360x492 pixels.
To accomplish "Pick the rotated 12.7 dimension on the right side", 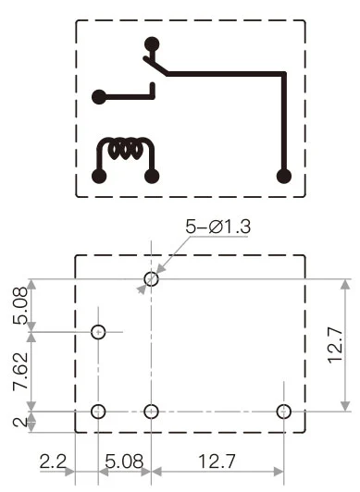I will tap(338, 344).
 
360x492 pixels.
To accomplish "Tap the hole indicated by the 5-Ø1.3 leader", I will tap(152, 278).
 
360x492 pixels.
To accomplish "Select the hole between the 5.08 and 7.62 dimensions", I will tap(99, 331).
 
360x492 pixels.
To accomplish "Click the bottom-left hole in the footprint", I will tap(99, 412).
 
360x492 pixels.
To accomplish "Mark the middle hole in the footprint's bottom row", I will tap(153, 412).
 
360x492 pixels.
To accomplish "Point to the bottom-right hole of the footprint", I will tap(284, 412).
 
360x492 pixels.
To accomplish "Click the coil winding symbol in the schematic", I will tap(126, 148).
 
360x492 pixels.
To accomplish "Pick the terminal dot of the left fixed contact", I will tap(99, 95).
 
